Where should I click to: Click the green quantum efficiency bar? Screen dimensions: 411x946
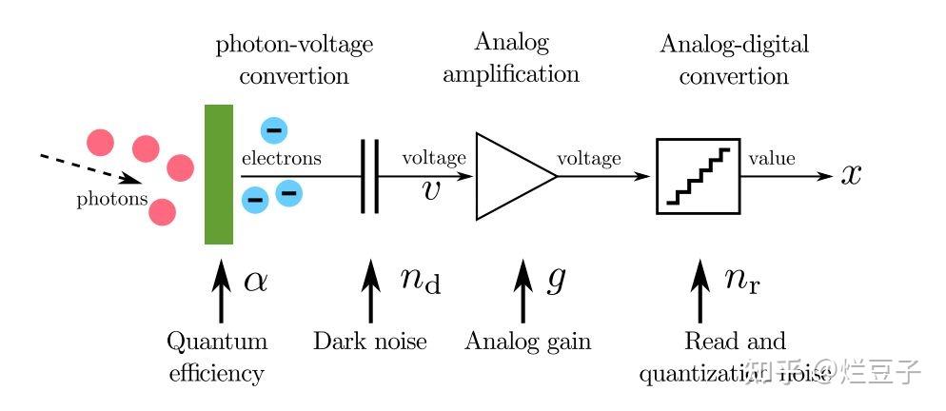tap(219, 175)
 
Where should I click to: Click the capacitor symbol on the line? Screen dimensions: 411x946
tap(369, 176)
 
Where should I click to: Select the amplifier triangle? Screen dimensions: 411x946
tap(509, 177)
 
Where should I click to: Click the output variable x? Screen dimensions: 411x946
tap(851, 175)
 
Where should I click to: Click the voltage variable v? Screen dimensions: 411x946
tap(431, 190)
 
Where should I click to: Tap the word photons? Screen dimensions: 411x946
tap(112, 199)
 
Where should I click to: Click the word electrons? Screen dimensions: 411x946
tap(281, 159)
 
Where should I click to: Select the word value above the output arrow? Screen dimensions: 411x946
tap(772, 159)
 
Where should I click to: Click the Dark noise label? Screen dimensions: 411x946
tap(370, 341)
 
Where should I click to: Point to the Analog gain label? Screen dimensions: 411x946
tap(527, 341)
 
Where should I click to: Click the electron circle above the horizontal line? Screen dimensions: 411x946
tap(273, 129)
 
